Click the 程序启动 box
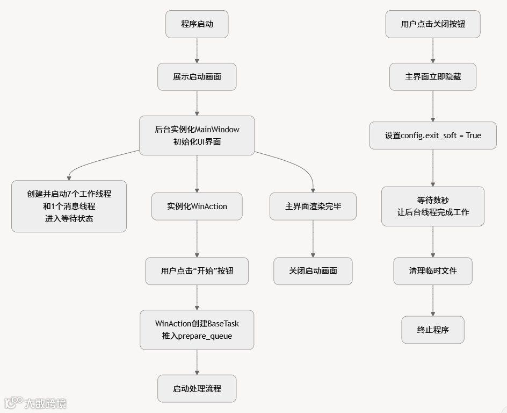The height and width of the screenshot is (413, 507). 197,24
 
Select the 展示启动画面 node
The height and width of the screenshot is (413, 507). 197,77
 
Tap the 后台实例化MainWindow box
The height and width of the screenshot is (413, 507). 197,136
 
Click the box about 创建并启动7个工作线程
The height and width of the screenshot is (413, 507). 69,206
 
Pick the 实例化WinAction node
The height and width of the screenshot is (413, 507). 197,206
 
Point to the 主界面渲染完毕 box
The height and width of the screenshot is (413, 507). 313,206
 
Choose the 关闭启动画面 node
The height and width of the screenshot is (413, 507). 313,270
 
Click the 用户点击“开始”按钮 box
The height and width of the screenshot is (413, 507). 197,271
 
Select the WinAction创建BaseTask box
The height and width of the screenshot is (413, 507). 197,330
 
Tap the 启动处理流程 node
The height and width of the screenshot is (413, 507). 197,388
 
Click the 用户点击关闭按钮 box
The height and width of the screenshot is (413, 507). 433,24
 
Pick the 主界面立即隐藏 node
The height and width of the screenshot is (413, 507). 433,77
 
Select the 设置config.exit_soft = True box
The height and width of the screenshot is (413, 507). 433,136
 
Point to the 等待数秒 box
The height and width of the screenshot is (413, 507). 433,206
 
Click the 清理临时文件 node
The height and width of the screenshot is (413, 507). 433,271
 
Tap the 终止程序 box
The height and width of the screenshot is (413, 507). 433,330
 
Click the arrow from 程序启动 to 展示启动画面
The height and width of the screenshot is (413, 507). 197,51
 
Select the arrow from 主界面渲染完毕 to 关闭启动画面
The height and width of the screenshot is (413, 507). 313,239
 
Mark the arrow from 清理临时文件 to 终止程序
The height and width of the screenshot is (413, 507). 433,300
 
